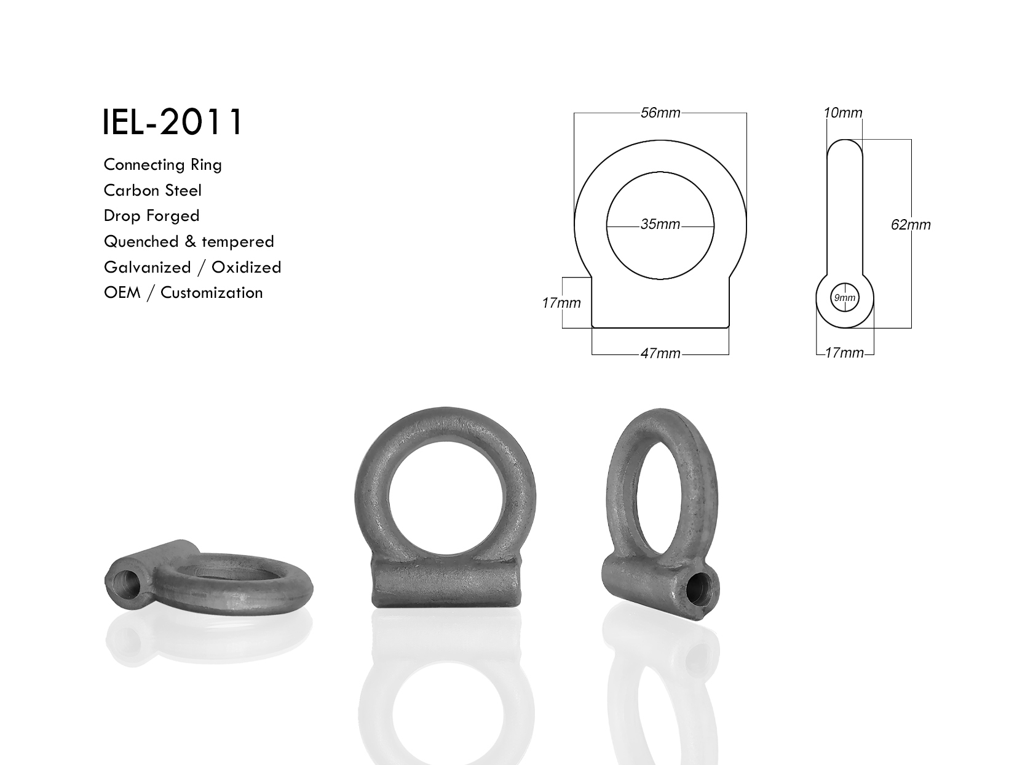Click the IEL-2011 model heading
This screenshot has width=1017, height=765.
(172, 122)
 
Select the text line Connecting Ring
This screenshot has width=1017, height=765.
(162, 165)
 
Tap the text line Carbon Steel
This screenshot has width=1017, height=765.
(152, 191)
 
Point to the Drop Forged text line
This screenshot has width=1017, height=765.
(151, 216)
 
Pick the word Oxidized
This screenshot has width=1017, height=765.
(246, 268)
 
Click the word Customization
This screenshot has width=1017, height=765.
(212, 293)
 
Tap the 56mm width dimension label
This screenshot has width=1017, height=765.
(660, 113)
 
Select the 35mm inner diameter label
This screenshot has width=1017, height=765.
(660, 225)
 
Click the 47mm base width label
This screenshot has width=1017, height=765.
(660, 354)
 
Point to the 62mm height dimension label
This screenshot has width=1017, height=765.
(911, 225)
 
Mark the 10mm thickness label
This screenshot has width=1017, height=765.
(843, 113)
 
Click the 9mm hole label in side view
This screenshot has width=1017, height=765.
(844, 298)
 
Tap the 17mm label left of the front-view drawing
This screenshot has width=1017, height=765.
(561, 303)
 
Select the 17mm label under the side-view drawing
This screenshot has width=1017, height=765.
(844, 353)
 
